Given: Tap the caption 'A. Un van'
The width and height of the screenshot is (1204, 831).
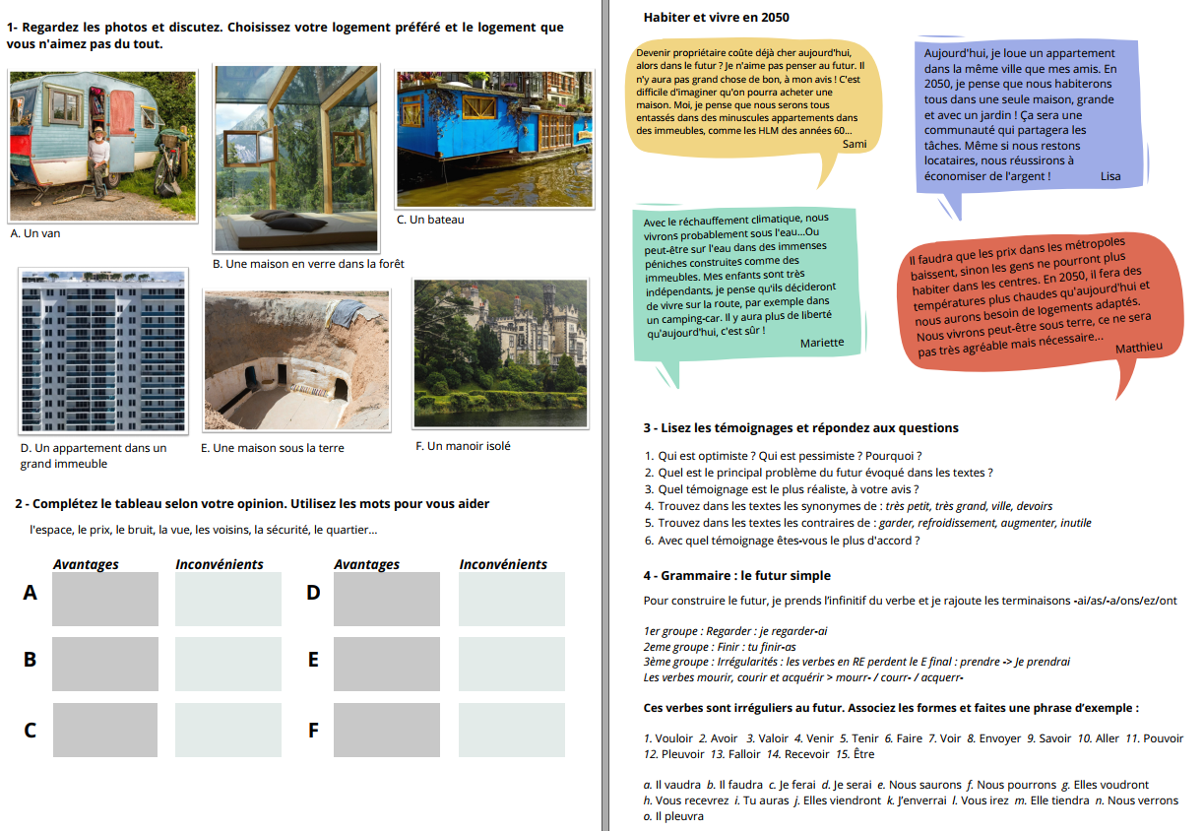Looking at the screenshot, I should pos(34,233).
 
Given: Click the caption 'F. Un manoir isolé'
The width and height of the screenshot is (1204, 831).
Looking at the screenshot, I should pos(463,446).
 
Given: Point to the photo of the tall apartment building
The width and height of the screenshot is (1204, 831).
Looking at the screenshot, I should pos(102,351).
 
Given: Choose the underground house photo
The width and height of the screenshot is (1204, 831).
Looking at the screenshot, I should pos(295,360).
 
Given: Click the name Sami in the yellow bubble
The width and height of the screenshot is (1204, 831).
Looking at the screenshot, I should pos(855,144).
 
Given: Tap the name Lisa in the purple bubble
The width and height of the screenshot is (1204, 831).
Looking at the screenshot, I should pos(1110,176).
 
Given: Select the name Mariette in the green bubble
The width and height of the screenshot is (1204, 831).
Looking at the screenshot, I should pos(821,343).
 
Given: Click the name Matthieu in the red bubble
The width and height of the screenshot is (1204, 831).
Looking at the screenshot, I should pos(1138,347).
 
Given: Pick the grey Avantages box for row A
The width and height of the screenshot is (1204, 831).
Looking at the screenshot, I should pos(104,599).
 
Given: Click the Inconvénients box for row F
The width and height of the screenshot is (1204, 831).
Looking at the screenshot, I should pos(511,730).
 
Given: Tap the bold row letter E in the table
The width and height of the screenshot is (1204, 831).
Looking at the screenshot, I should pos(313,660).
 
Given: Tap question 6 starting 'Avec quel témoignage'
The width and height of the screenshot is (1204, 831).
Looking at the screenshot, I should pos(783,541).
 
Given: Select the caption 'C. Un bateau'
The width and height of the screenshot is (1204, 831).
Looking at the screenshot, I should pos(430,220).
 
